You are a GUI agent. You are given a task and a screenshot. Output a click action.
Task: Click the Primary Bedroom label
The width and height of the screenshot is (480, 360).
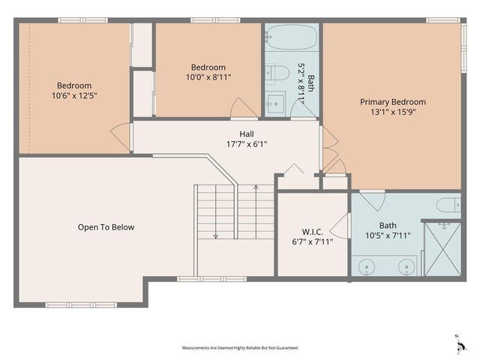[x=392, y=102]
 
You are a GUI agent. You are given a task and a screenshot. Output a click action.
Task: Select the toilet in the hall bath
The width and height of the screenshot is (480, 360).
[x=280, y=73]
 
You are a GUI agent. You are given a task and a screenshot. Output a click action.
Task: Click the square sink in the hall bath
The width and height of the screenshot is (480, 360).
[x=274, y=103]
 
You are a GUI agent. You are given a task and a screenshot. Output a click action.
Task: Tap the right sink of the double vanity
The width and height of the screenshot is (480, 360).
[x=406, y=265]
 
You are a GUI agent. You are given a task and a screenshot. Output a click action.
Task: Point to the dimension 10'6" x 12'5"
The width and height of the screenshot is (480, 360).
[x=75, y=95]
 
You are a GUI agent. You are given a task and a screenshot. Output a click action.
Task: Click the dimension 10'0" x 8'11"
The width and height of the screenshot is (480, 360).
[x=208, y=76]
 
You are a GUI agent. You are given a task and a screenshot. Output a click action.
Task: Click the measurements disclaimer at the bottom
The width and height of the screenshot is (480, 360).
[x=239, y=348]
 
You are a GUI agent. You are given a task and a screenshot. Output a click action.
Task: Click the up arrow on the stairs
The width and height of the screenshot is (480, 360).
[x=256, y=187]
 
